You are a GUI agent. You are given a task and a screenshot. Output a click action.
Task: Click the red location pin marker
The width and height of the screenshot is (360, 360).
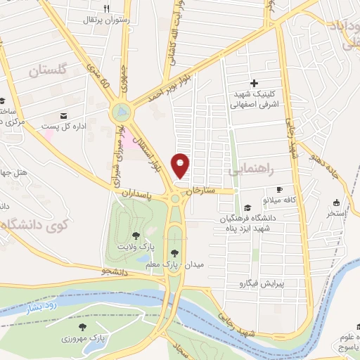pyautogui.click(x=181, y=165)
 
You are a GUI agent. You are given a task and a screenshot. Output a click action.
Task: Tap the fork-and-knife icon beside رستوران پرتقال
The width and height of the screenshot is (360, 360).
pyautogui.click(x=107, y=8)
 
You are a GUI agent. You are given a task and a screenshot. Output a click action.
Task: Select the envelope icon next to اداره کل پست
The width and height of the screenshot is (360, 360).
pyautogui.click(x=65, y=115)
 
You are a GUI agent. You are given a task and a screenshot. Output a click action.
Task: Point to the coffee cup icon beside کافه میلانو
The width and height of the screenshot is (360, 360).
pyautogui.click(x=279, y=189)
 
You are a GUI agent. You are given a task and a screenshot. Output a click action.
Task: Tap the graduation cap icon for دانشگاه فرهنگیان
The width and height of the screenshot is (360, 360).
pyautogui.click(x=247, y=207)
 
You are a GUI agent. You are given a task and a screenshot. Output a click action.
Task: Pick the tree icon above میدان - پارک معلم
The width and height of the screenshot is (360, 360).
pyautogui.click(x=173, y=253)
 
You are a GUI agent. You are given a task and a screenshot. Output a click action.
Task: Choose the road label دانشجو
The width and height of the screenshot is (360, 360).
pyautogui.click(x=115, y=270)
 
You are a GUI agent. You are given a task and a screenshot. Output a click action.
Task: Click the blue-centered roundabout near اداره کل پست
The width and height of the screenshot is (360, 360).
pyautogui.click(x=121, y=111)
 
